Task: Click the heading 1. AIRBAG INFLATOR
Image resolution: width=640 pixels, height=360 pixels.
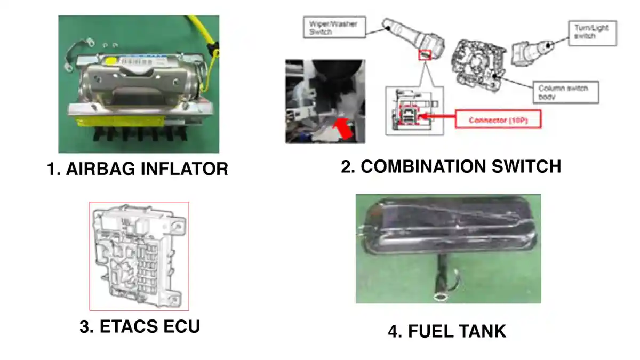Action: coord(138,169)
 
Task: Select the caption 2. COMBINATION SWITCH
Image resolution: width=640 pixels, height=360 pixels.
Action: coord(451,166)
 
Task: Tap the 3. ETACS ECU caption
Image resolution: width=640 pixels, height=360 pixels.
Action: coord(139,326)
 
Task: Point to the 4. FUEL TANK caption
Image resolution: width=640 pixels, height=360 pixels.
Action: coord(446,332)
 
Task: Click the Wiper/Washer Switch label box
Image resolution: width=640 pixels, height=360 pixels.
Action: coord(334,28)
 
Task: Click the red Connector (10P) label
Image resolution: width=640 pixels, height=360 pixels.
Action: coord(497,120)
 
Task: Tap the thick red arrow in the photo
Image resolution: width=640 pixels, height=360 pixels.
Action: coord(342,128)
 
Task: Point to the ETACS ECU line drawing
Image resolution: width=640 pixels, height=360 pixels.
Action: coord(139,256)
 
